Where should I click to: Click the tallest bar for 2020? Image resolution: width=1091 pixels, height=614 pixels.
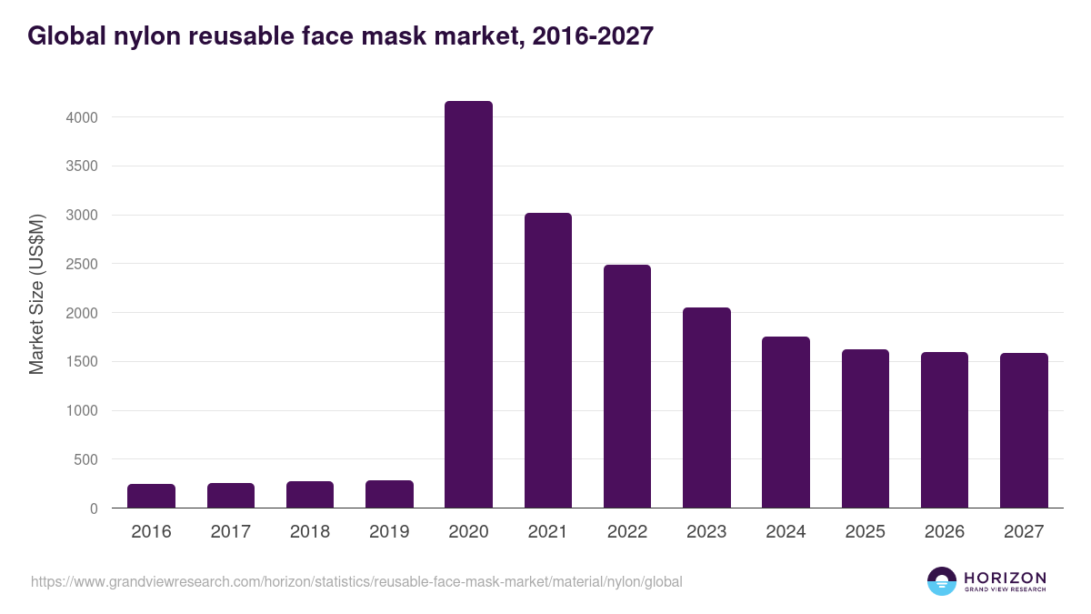click(468, 305)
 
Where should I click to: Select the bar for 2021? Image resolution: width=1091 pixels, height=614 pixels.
click(548, 360)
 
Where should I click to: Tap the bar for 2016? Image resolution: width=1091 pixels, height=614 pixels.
click(151, 496)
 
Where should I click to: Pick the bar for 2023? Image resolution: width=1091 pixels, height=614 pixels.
click(706, 408)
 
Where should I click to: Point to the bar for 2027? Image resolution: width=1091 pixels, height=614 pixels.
click(1024, 430)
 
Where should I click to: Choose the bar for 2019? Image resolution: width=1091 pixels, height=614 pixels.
click(389, 494)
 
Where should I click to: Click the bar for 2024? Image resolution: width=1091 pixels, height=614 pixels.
click(786, 422)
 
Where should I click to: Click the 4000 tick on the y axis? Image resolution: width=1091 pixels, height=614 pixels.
click(80, 117)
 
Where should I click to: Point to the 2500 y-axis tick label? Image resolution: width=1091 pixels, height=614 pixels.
click(80, 265)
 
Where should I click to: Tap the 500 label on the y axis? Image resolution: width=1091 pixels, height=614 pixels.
click(85, 460)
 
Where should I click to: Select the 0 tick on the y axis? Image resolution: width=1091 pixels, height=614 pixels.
click(93, 509)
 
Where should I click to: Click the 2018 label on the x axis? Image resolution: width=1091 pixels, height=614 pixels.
click(310, 532)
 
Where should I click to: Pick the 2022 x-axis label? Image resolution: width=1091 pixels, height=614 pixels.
click(627, 532)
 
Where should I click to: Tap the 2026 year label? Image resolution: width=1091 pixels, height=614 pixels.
click(945, 532)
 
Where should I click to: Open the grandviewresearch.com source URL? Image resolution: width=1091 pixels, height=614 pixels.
click(356, 581)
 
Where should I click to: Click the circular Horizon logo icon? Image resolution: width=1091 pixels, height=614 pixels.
click(942, 581)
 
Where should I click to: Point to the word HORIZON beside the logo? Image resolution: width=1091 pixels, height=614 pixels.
click(1005, 578)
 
